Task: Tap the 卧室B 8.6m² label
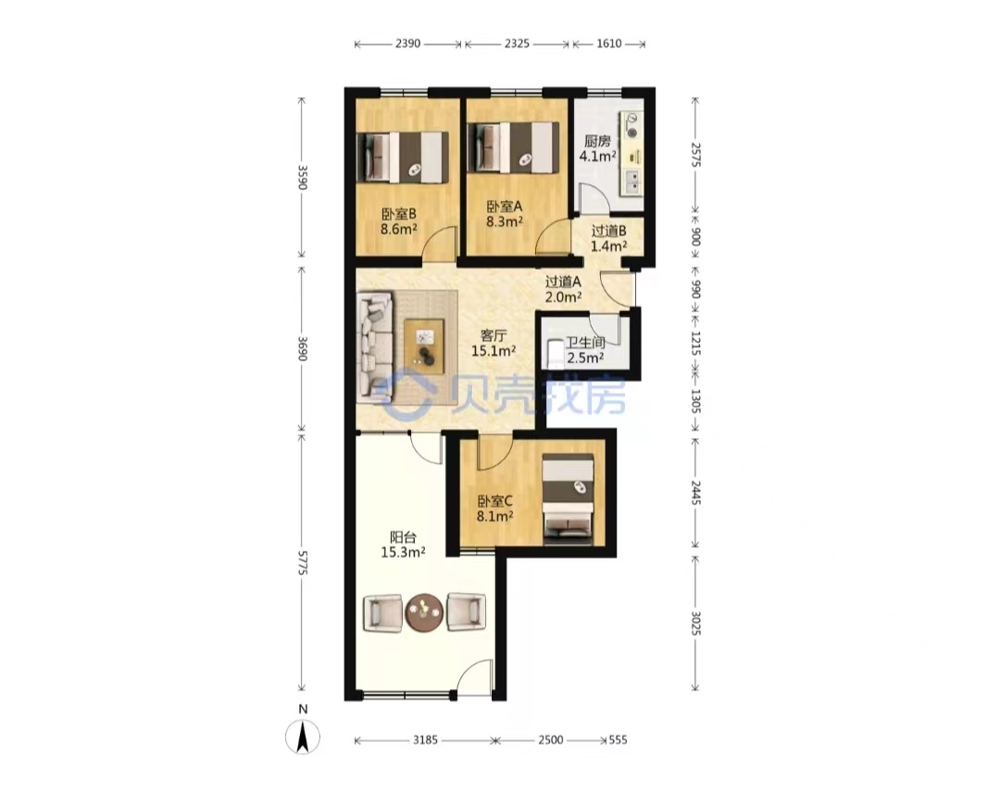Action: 398,220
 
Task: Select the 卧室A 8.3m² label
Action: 505,214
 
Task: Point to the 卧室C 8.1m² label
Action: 494,509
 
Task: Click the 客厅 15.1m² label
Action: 494,343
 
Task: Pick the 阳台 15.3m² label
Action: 403,545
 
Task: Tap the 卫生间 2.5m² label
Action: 585,350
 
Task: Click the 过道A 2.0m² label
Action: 563,288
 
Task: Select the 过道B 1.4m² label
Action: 608,238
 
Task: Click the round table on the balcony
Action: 425,612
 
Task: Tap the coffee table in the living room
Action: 424,343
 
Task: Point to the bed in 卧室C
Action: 568,499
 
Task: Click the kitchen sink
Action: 632,182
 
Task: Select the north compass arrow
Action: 302,736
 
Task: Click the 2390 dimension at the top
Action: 408,44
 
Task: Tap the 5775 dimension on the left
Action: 302,563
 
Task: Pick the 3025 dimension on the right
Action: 695,622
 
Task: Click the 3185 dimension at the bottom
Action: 425,740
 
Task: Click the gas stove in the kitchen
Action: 631,125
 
